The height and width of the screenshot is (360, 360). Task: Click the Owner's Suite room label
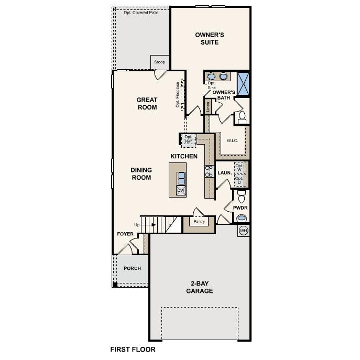210,38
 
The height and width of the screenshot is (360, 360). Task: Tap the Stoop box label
159,62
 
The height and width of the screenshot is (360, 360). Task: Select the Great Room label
147,103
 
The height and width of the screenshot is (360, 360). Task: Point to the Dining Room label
141,173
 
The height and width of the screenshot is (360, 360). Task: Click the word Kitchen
184,156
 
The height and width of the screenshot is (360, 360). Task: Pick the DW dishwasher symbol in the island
181,191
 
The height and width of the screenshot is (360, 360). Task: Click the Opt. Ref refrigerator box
189,139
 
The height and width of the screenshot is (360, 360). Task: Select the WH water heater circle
243,231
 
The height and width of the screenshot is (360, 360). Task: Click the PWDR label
241,208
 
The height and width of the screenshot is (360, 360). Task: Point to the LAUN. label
225,172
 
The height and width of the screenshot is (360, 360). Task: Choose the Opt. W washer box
239,168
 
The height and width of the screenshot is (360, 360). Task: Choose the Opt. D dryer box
239,181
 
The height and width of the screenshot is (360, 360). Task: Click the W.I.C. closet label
233,140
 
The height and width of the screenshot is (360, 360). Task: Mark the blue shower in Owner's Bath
244,83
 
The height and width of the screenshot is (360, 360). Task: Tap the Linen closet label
208,107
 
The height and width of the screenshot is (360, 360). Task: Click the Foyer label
125,234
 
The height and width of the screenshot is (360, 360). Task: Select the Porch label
132,268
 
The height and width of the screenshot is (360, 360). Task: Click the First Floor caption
133,349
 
